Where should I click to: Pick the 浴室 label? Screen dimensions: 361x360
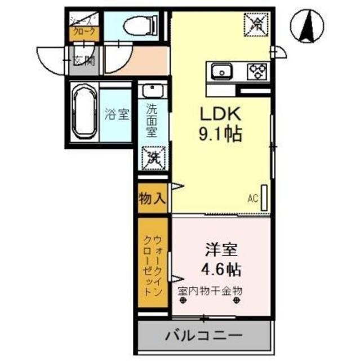point(117,114)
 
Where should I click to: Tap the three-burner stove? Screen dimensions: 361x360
point(257,71)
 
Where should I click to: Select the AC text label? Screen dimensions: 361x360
point(252,198)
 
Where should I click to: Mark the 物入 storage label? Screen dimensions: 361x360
point(152,198)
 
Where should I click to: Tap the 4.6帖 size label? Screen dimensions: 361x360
point(221,267)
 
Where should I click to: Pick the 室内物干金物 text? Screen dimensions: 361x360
point(210,291)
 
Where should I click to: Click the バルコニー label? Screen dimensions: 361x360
point(203,336)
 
